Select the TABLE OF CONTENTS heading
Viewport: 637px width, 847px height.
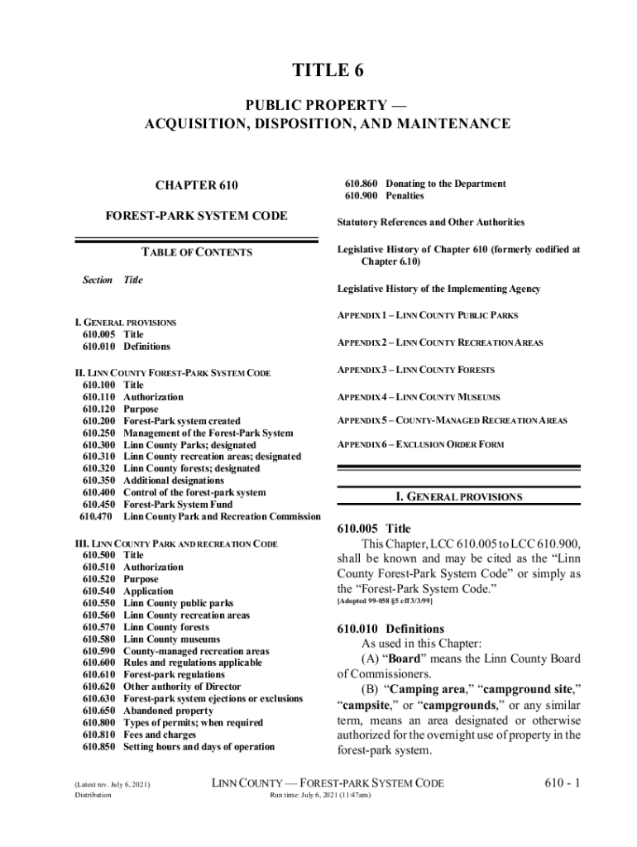tap(196, 252)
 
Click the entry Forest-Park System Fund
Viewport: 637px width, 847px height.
tap(178, 505)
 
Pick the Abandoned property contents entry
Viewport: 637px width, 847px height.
tap(168, 711)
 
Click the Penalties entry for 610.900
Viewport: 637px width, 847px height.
tap(405, 196)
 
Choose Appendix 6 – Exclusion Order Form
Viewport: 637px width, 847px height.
tap(419, 444)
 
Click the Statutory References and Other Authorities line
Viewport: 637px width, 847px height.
tap(430, 223)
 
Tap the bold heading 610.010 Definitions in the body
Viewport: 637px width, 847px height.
tap(390, 629)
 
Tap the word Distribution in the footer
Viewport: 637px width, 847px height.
tap(93, 796)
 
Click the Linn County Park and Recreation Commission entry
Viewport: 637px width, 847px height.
tap(222, 517)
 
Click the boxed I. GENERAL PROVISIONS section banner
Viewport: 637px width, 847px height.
tap(458, 497)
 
